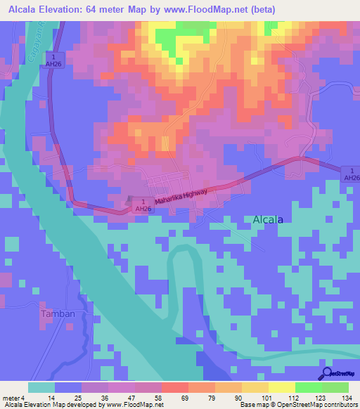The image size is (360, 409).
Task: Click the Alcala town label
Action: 267,219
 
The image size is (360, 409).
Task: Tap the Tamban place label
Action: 58,313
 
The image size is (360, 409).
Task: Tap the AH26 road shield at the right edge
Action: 350,174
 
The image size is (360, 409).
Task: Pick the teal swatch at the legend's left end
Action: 41,387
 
